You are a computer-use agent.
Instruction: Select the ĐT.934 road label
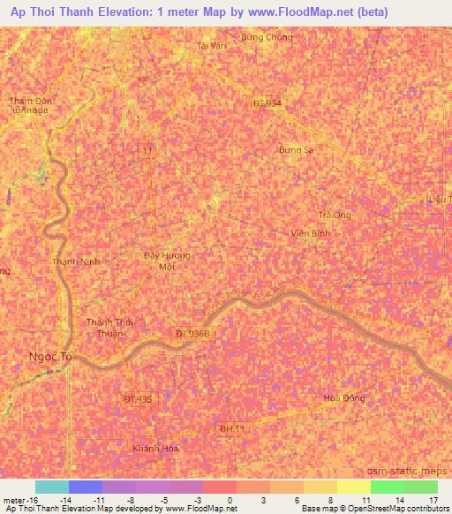[267, 103]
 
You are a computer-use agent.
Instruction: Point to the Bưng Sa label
[296, 150]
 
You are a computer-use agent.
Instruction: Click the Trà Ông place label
[335, 215]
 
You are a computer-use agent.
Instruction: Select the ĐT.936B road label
[192, 333]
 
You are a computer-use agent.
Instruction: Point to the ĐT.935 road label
[138, 399]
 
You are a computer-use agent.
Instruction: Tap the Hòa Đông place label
[340, 398]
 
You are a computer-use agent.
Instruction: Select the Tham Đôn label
[31, 102]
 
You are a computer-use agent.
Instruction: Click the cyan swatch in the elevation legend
[52, 487]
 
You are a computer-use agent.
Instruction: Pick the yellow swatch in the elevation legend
[354, 487]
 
